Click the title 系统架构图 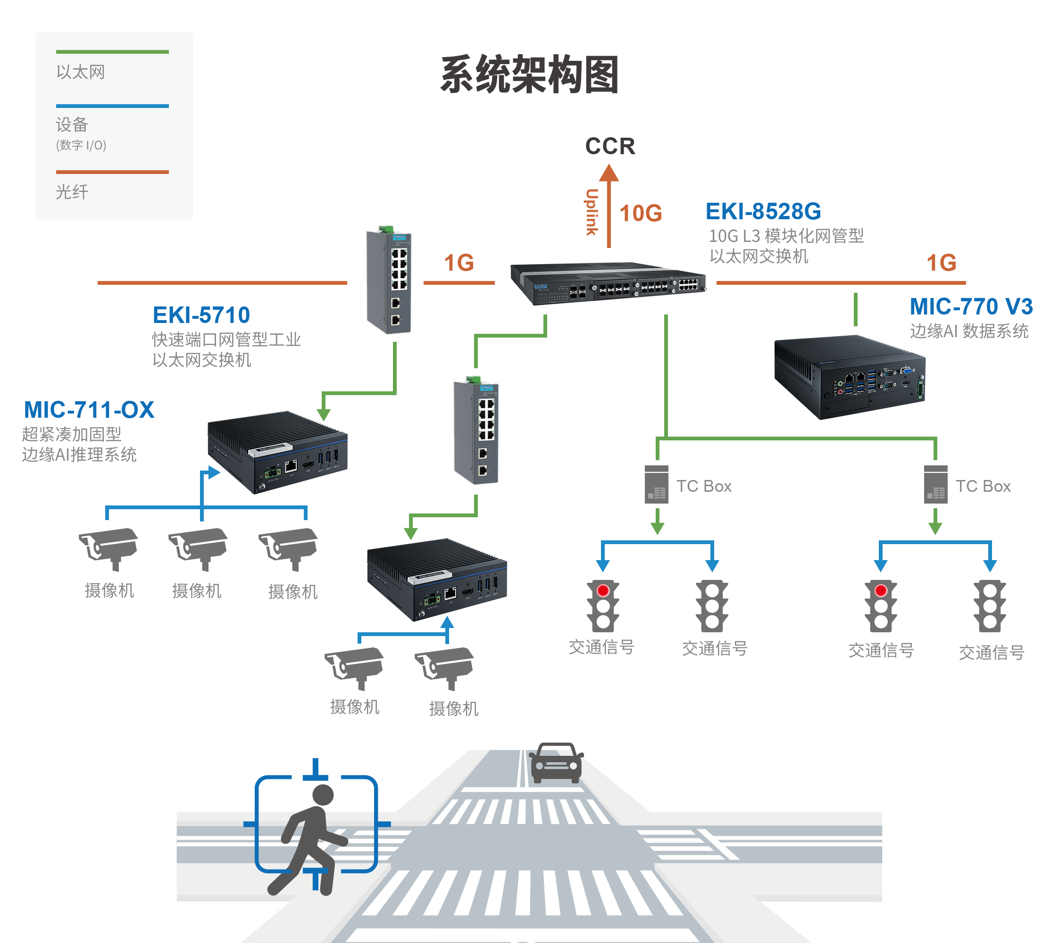529,75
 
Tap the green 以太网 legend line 112,52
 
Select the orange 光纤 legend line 112,172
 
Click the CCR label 610,146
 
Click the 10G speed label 641,213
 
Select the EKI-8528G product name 763,211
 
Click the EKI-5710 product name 201,315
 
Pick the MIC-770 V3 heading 971,306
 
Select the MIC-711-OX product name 89,410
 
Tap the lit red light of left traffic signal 603,591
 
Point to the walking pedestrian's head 323,795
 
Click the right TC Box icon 935,484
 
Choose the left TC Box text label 703,486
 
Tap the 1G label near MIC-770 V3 942,263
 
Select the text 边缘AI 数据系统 969,331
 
